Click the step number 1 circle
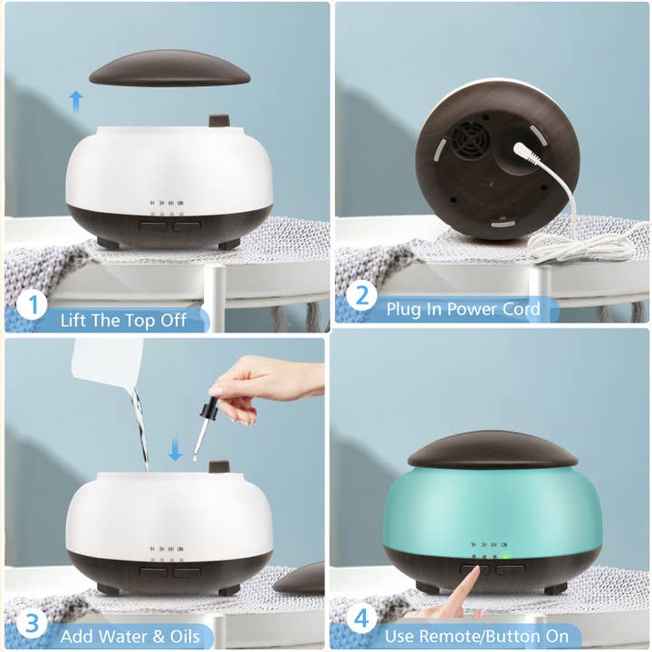(x=32, y=304)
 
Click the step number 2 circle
(x=361, y=296)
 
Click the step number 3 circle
(x=32, y=624)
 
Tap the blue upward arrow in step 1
(x=77, y=100)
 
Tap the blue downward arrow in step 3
(x=175, y=448)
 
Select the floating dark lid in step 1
(x=169, y=68)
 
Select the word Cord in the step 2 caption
(x=518, y=310)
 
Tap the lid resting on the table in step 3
(x=301, y=578)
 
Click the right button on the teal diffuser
(x=510, y=570)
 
